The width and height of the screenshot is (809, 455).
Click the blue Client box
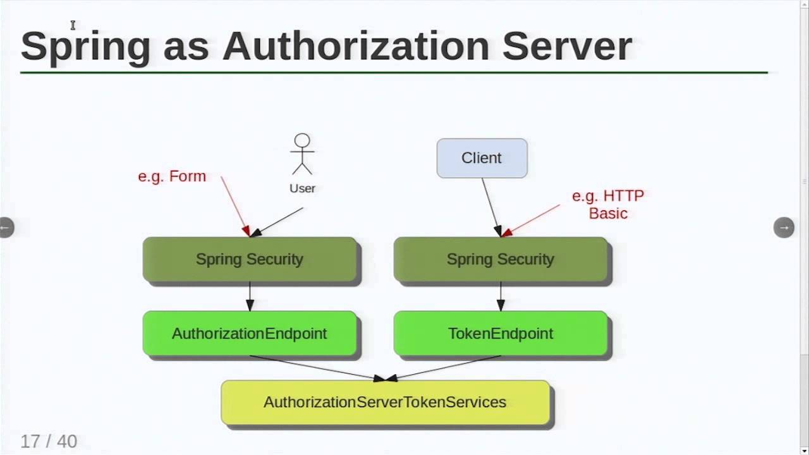pyautogui.click(x=482, y=158)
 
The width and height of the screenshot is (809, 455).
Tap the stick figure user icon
pyautogui.click(x=302, y=154)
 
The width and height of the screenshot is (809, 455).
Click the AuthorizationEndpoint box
pyautogui.click(x=250, y=333)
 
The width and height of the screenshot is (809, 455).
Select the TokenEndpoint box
pyautogui.click(x=500, y=333)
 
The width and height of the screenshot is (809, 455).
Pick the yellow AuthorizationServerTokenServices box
pyautogui.click(x=385, y=402)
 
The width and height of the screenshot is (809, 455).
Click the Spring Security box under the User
pyautogui.click(x=250, y=259)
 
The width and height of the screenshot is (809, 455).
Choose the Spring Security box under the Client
pyautogui.click(x=500, y=259)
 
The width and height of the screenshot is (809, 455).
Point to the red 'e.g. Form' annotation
pyautogui.click(x=172, y=176)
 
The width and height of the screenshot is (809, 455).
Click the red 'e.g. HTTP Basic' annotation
pyautogui.click(x=607, y=204)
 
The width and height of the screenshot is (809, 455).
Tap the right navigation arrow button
pyautogui.click(x=784, y=227)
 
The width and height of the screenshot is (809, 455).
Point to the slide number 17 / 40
pyautogui.click(x=49, y=441)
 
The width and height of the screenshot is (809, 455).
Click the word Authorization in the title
pyautogui.click(x=355, y=45)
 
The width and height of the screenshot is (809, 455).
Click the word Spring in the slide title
pyautogui.click(x=85, y=45)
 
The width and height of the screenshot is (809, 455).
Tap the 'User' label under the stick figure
pyautogui.click(x=302, y=188)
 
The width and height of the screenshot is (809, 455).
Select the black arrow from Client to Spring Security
pyautogui.click(x=490, y=205)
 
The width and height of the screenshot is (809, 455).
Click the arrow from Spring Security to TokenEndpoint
pyautogui.click(x=500, y=296)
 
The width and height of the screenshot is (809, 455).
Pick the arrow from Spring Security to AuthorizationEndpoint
pyautogui.click(x=250, y=296)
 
